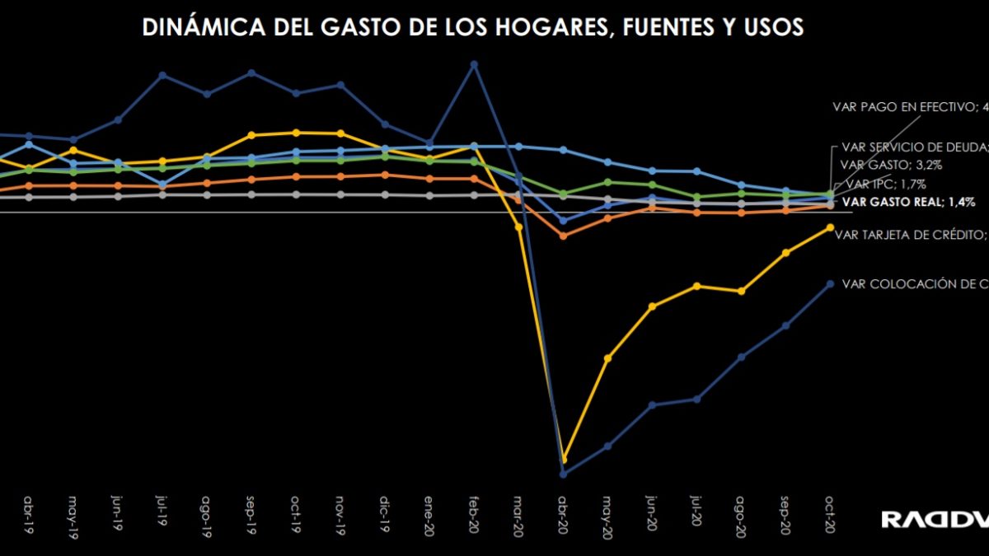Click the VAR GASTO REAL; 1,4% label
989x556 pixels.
pos(904,201)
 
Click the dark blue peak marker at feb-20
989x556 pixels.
pos(474,63)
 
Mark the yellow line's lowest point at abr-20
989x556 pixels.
pos(564,459)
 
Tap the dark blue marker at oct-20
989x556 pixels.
pos(830,283)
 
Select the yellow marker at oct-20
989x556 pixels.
pos(830,227)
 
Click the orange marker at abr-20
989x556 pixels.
pos(564,236)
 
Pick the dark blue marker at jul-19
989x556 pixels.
pos(162,75)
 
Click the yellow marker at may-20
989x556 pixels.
pos(608,358)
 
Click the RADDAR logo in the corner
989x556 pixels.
pos(934,519)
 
